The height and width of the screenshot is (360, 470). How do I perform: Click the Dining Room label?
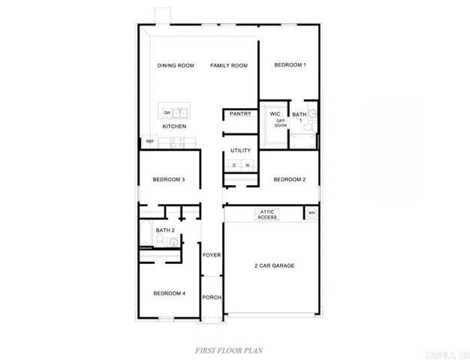tap(176, 66)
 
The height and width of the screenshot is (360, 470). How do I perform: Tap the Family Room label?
tap(229, 66)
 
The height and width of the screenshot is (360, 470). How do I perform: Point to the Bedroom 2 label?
tap(289, 179)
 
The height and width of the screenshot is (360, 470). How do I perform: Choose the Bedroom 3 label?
tap(169, 179)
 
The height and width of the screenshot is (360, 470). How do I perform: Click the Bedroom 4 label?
tap(169, 292)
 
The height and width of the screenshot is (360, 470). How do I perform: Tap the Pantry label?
tap(240, 114)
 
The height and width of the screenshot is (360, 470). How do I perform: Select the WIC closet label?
tap(275, 114)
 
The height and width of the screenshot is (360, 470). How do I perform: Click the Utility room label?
tap(240, 150)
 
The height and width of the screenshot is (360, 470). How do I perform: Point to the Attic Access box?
tap(267, 214)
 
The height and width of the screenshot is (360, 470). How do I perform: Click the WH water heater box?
tap(311, 214)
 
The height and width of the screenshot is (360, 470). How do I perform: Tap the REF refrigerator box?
tap(149, 141)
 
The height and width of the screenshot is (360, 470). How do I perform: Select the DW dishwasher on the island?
tap(167, 113)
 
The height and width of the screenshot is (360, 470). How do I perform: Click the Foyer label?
tap(212, 255)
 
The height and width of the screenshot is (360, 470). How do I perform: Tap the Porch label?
tap(212, 297)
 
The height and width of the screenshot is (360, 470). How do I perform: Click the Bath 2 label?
tap(165, 229)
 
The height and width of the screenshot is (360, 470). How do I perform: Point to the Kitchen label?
tap(174, 127)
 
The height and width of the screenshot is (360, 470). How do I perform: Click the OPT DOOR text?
tap(281, 123)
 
